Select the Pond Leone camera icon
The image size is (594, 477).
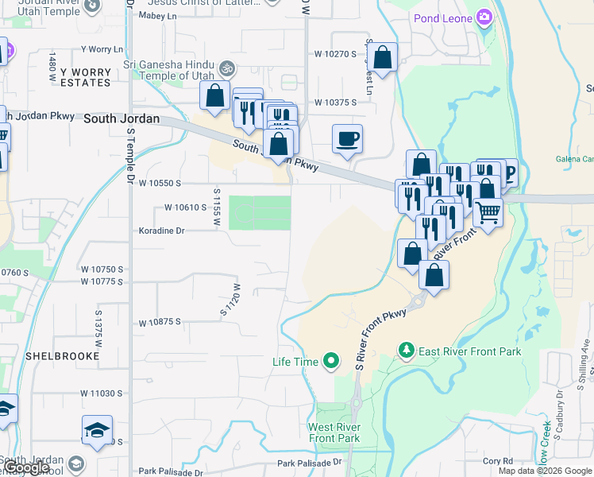pyautogui.click(x=484, y=17)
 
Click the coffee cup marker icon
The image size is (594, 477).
pyautogui.click(x=347, y=139)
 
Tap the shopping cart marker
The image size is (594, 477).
pyautogui.click(x=488, y=211)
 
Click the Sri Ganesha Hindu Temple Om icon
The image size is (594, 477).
pyautogui.click(x=228, y=68)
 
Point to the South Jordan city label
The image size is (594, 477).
pyautogui.click(x=121, y=118)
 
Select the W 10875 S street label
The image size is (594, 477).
pyautogui.click(x=160, y=323)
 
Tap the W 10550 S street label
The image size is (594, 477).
pyautogui.click(x=160, y=183)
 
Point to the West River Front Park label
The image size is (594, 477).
pyautogui.click(x=334, y=432)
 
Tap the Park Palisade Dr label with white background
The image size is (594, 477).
pyautogui.click(x=309, y=462)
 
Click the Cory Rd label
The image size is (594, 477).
pyautogui.click(x=498, y=461)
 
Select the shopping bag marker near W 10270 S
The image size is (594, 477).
pyautogui.click(x=383, y=58)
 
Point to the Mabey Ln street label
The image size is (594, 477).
pyautogui.click(x=157, y=15)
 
